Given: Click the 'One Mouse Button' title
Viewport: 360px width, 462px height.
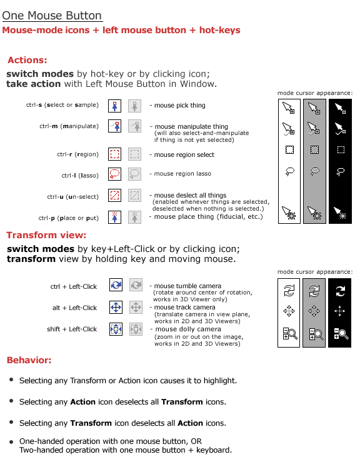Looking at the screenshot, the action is click(52, 16).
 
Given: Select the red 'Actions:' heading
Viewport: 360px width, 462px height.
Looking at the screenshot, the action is click(27, 60).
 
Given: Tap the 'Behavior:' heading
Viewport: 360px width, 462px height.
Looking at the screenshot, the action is click(29, 360).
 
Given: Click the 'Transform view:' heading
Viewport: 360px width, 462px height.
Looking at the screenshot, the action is click(46, 235).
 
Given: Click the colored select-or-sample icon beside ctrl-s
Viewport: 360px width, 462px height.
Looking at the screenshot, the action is click(114, 106).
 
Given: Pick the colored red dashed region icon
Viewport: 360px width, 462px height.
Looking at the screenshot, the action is click(114, 154).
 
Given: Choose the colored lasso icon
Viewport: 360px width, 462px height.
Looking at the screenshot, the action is click(114, 174).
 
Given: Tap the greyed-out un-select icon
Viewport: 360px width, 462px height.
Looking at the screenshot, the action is click(134, 195).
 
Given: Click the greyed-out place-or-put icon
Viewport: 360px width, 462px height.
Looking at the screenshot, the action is click(134, 217).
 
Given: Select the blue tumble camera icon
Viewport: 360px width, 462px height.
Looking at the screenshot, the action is click(116, 285).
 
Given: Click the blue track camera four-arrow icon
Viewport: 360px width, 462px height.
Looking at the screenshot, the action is click(116, 308).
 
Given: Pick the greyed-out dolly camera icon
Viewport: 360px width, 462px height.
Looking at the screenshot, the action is click(136, 329).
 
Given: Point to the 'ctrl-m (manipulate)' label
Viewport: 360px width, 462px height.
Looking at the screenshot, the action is click(69, 126).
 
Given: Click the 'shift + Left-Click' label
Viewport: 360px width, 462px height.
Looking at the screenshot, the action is click(72, 329).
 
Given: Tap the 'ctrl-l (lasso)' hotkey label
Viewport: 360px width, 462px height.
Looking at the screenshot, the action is click(80, 176).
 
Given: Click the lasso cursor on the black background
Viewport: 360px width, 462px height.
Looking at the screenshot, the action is click(341, 171).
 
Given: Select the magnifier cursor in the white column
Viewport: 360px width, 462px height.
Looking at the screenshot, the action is click(290, 334).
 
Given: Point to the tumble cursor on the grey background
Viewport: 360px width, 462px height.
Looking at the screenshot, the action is click(314, 291).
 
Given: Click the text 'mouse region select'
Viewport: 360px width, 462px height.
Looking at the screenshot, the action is click(184, 154).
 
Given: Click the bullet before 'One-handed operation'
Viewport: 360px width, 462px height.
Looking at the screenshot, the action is click(11, 441).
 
